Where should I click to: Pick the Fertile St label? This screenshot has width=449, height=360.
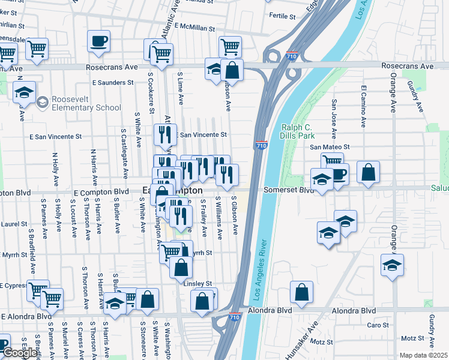(x=285, y=15)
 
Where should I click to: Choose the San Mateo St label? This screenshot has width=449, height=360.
(x=329, y=147)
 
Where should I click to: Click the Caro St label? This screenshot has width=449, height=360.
(x=378, y=325)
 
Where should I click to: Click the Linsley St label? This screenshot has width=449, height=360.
(x=199, y=283)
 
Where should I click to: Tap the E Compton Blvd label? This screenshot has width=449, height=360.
(x=101, y=192)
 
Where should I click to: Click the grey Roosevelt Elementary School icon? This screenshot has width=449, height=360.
(x=42, y=103)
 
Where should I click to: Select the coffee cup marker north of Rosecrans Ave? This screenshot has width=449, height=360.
(x=98, y=41)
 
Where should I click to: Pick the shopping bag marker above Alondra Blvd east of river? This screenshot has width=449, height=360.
(x=301, y=292)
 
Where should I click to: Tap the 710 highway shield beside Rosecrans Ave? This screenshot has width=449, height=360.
(x=292, y=55)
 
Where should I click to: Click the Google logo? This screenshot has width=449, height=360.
(x=20, y=353)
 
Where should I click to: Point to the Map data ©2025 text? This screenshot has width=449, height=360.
(x=423, y=355)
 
